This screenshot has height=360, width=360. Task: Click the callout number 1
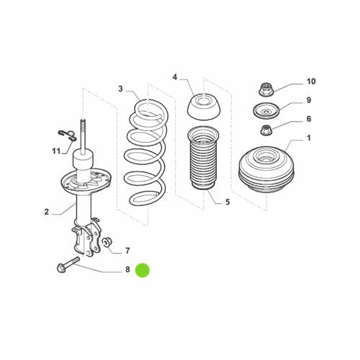pos(310,137)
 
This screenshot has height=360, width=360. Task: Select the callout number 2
pos(47,212)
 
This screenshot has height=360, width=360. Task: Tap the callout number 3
pos(121,89)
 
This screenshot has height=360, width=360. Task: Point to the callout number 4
pos(174,76)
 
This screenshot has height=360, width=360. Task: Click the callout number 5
pos(227,202)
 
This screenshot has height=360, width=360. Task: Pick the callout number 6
pos(310,119)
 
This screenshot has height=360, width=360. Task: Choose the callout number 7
pos(127,251)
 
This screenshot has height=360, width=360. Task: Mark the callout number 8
pos(127,271)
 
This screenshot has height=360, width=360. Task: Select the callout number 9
pos(310,100)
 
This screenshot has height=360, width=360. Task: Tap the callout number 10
pos(311,81)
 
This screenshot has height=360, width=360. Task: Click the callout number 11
pos(55,150)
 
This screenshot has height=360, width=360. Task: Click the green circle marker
pos(144,271)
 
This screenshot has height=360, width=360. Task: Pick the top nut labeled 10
pos(265,90)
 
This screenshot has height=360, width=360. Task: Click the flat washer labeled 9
pos(266,111)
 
